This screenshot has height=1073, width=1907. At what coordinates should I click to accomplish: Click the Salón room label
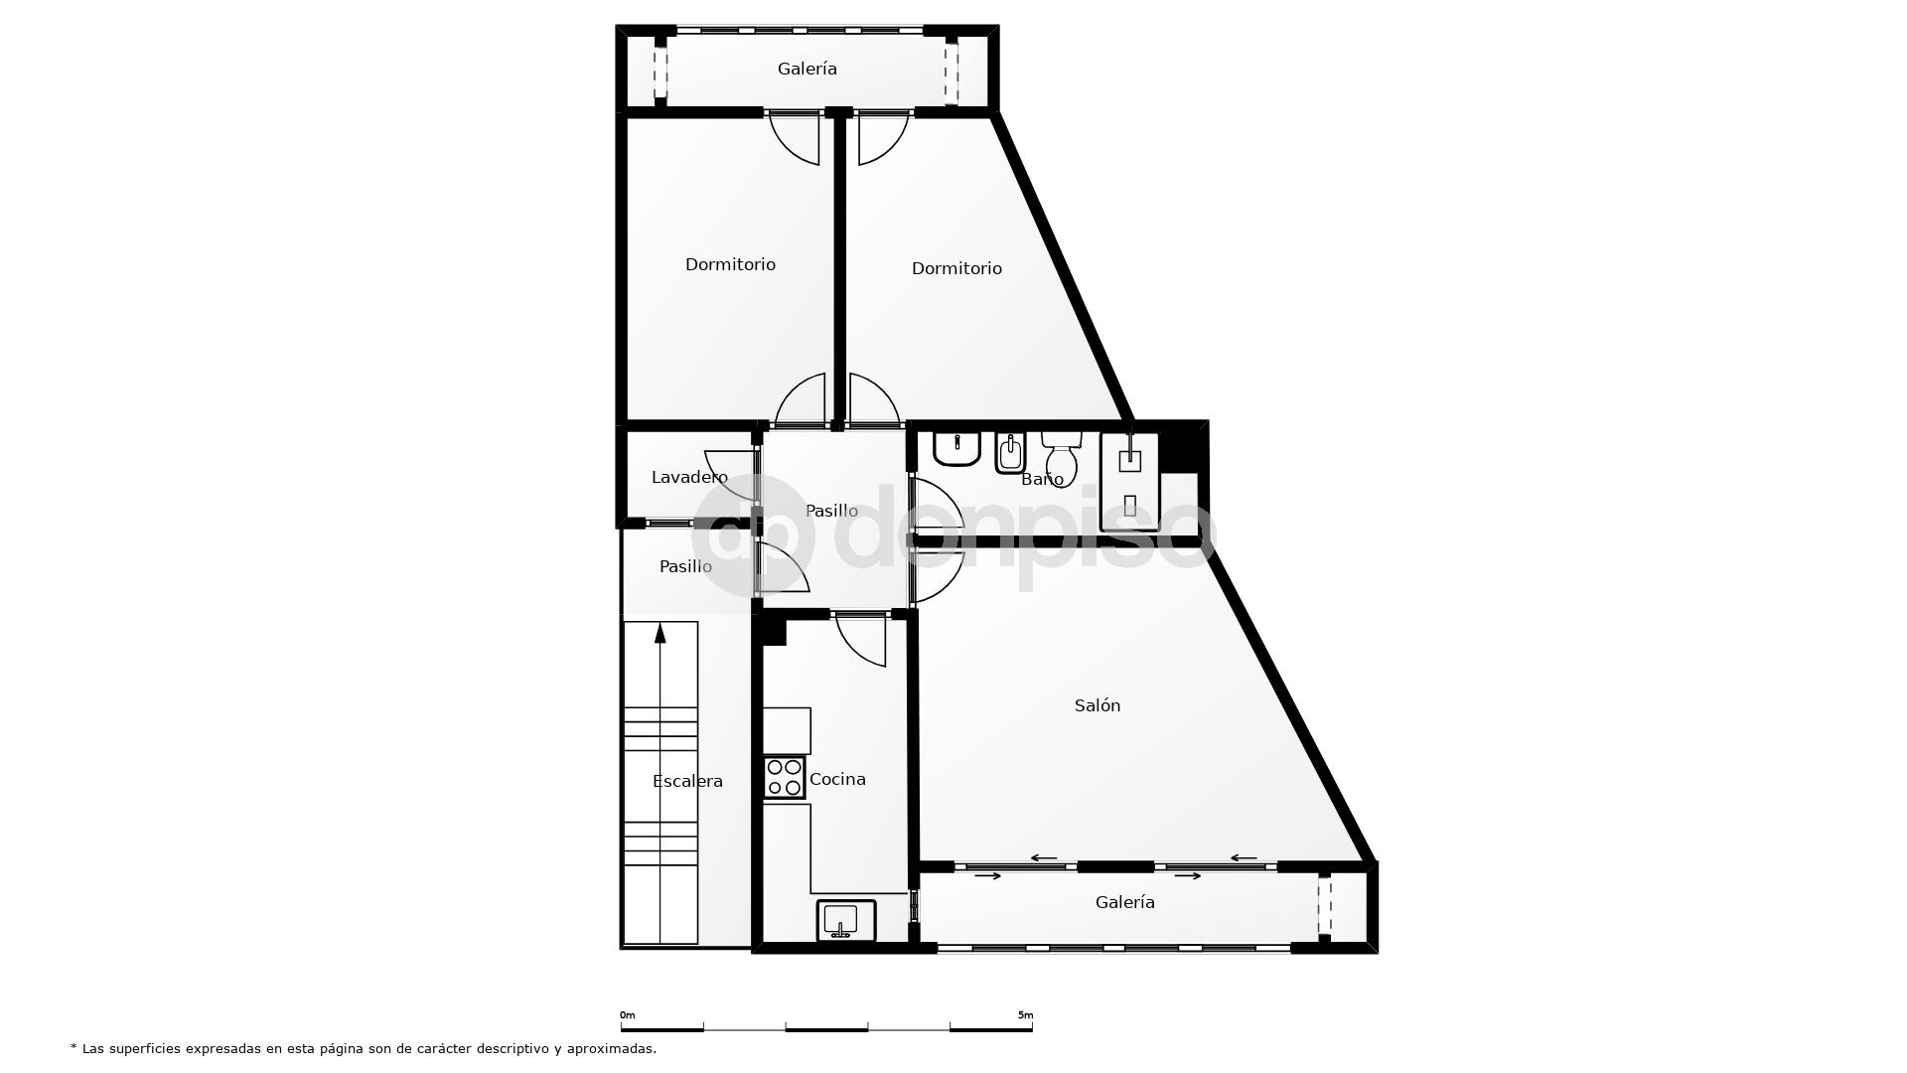[1097, 705]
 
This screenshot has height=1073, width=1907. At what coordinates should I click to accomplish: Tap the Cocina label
[837, 779]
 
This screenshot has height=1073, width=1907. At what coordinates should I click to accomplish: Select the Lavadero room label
[689, 477]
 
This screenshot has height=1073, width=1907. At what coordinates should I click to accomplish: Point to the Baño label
[1042, 479]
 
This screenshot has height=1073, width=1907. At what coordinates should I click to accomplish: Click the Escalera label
[687, 781]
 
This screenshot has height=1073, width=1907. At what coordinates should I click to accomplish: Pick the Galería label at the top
[807, 69]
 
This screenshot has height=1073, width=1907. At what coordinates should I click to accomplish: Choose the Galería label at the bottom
[1124, 902]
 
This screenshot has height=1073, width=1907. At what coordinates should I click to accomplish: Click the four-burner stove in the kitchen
[784, 777]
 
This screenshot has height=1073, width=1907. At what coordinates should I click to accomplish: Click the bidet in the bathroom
[1010, 453]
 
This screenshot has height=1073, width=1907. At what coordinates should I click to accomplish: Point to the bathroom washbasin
[956, 448]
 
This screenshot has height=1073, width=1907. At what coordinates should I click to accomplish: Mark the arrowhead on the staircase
[660, 633]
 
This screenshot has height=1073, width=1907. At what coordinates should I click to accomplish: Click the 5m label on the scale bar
[1025, 1015]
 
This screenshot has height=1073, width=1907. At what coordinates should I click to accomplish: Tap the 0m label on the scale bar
[628, 1015]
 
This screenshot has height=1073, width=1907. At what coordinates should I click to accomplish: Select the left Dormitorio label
[730, 264]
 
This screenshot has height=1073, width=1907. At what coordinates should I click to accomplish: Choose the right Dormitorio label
[956, 268]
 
